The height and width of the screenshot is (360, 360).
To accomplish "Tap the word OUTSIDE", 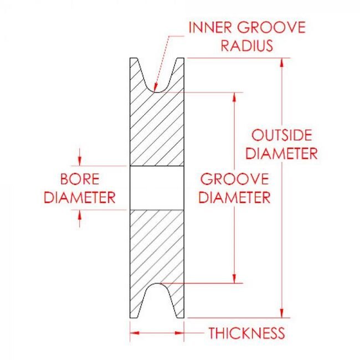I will [x=281, y=135].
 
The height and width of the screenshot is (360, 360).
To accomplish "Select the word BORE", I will [x=79, y=179].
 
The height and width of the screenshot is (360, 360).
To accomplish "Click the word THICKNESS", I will [x=246, y=333].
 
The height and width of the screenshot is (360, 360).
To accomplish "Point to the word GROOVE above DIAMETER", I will [x=234, y=179].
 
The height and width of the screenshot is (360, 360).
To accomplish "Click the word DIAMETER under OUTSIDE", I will [x=281, y=153].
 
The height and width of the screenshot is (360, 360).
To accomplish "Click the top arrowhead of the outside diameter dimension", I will [x=282, y=61].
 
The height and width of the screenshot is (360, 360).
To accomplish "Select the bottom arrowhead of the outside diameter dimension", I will [x=282, y=313].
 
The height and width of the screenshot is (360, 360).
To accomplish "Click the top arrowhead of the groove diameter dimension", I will [x=235, y=96].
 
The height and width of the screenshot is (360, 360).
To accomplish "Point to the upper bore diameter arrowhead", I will [x=80, y=161].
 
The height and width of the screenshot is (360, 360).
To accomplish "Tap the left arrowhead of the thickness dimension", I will [x=133, y=333].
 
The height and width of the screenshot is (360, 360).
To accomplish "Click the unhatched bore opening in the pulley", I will [x=157, y=187].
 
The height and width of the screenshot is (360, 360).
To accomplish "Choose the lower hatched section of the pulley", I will [x=157, y=244].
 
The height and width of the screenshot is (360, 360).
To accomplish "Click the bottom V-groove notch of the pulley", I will [x=157, y=302].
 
